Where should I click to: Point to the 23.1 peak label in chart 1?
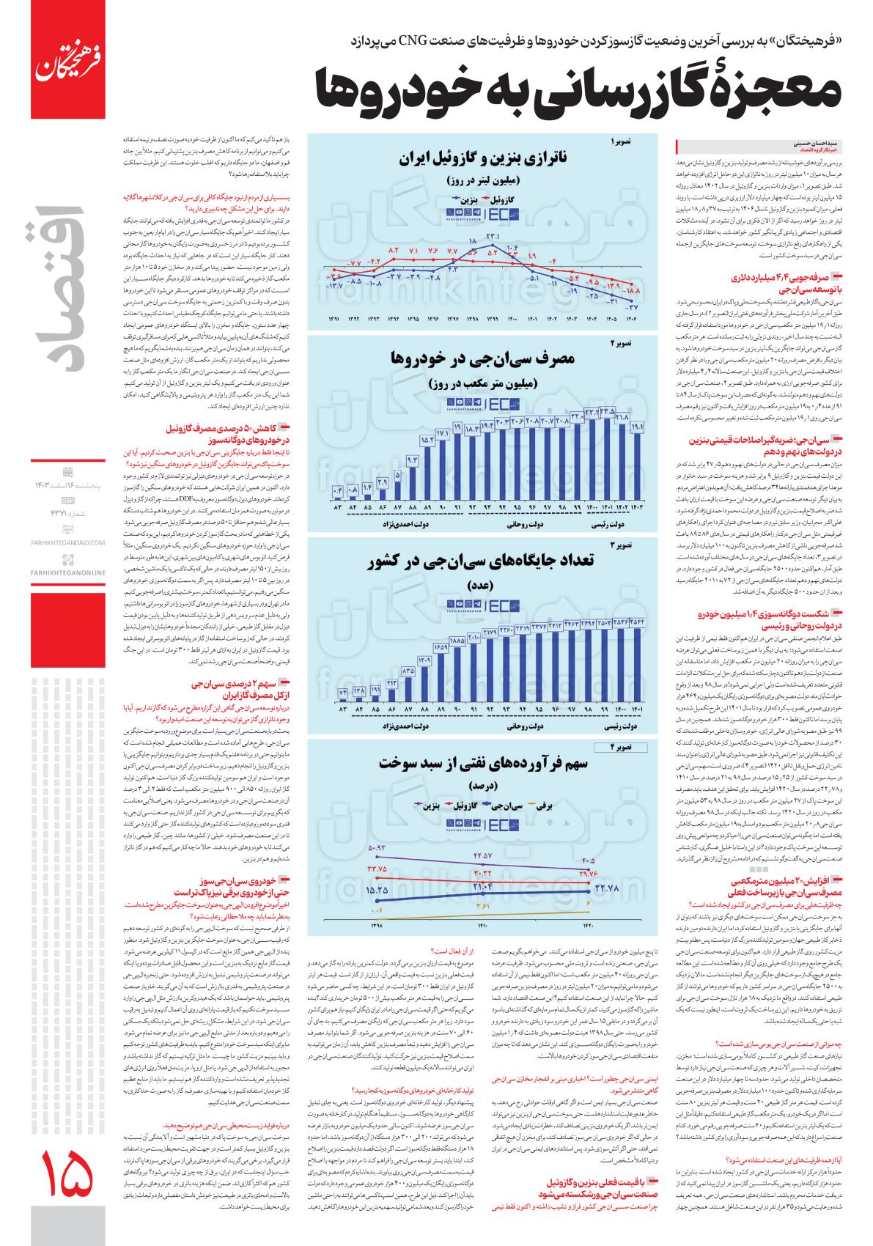(492, 237)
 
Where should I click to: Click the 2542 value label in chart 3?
(636, 624)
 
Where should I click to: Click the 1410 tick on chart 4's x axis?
(482, 925)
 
